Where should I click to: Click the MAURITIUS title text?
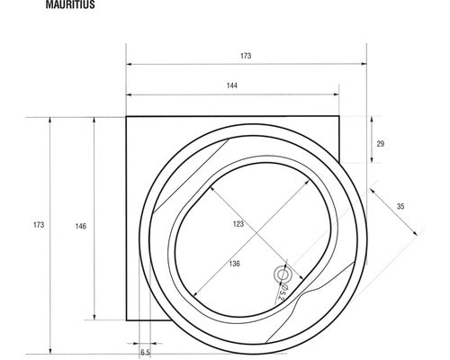coord(70,4)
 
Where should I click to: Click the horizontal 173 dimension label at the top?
coord(246,56)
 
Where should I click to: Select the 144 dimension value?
coord(232,85)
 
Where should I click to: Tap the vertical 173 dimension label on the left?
coord(39,225)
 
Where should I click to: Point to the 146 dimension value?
coord(81,226)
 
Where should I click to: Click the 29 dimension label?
coord(381,144)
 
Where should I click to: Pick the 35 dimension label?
coord(400,206)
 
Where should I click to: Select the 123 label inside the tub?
coord(238,224)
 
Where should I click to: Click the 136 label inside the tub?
coord(234,264)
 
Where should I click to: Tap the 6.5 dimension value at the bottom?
coord(145,353)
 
